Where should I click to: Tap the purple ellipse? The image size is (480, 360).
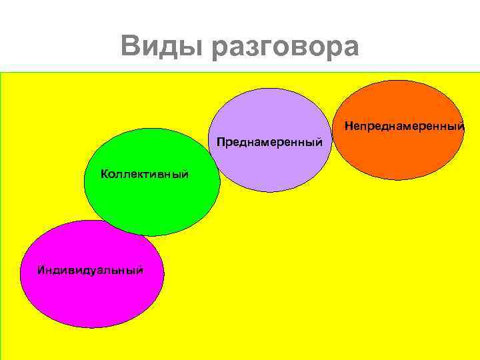point(270,113)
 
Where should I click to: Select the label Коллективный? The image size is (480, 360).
point(145,174)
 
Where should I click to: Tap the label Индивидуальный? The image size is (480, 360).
point(91,270)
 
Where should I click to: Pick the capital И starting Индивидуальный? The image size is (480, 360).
point(41,270)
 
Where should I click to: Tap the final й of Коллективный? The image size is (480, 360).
point(185,174)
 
